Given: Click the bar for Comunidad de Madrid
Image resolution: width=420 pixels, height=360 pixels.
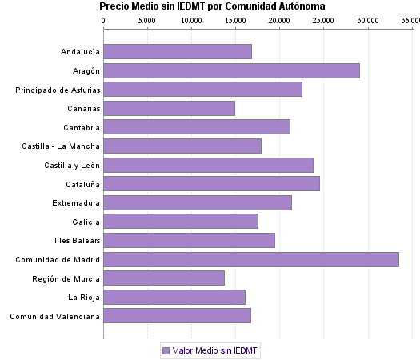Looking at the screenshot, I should tap(251, 259).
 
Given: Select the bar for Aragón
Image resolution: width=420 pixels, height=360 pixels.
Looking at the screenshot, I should tap(231, 70).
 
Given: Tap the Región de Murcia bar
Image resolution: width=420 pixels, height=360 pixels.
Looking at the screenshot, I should tap(164, 278).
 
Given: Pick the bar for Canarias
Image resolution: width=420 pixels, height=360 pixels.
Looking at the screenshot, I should tap(169, 108).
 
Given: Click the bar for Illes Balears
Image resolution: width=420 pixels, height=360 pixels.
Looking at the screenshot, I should tap(189, 240).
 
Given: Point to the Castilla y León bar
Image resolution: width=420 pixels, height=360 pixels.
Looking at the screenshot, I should tap(208, 165).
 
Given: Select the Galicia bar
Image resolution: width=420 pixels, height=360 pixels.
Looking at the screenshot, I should tap(181, 222).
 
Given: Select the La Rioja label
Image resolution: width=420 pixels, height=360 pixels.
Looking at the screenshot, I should tap(84, 298).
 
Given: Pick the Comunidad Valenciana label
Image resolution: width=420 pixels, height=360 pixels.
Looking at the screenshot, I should tap(54, 317).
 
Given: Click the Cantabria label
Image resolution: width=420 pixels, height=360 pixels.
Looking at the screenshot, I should tap(82, 127).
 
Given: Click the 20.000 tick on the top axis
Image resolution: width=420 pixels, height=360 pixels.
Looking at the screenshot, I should tap(278, 18).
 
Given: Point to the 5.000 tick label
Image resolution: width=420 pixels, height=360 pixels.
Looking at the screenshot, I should tap(146, 18).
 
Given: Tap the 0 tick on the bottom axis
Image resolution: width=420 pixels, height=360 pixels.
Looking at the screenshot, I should tap(103, 334).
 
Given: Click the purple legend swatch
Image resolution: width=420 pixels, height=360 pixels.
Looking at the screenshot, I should tap(166, 350).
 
